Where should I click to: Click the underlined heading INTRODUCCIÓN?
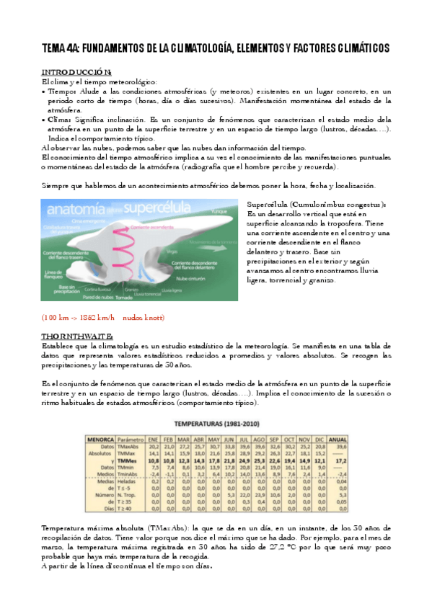tap(76, 72)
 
